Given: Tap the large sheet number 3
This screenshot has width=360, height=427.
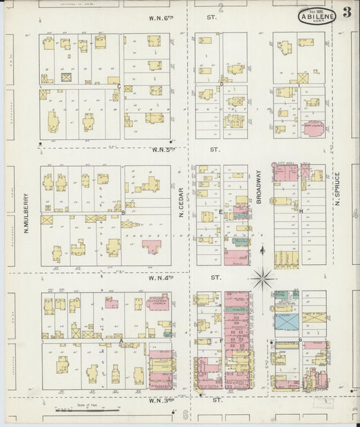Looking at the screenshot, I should (x=346, y=11).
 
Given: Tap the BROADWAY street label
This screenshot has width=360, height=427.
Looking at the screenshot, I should (x=259, y=191).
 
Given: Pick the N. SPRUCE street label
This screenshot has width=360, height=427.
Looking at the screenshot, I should (x=336, y=189).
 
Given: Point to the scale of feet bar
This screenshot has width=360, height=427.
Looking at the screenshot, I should (x=88, y=408).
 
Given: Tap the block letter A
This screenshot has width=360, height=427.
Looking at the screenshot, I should (x=121, y=341).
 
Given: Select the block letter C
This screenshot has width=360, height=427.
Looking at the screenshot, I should (x=119, y=86).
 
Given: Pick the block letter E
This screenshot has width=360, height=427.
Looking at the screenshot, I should (x=220, y=211).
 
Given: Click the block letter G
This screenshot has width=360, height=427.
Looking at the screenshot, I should (x=299, y=339).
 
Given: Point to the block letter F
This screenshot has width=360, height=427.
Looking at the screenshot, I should (x=221, y=341).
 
